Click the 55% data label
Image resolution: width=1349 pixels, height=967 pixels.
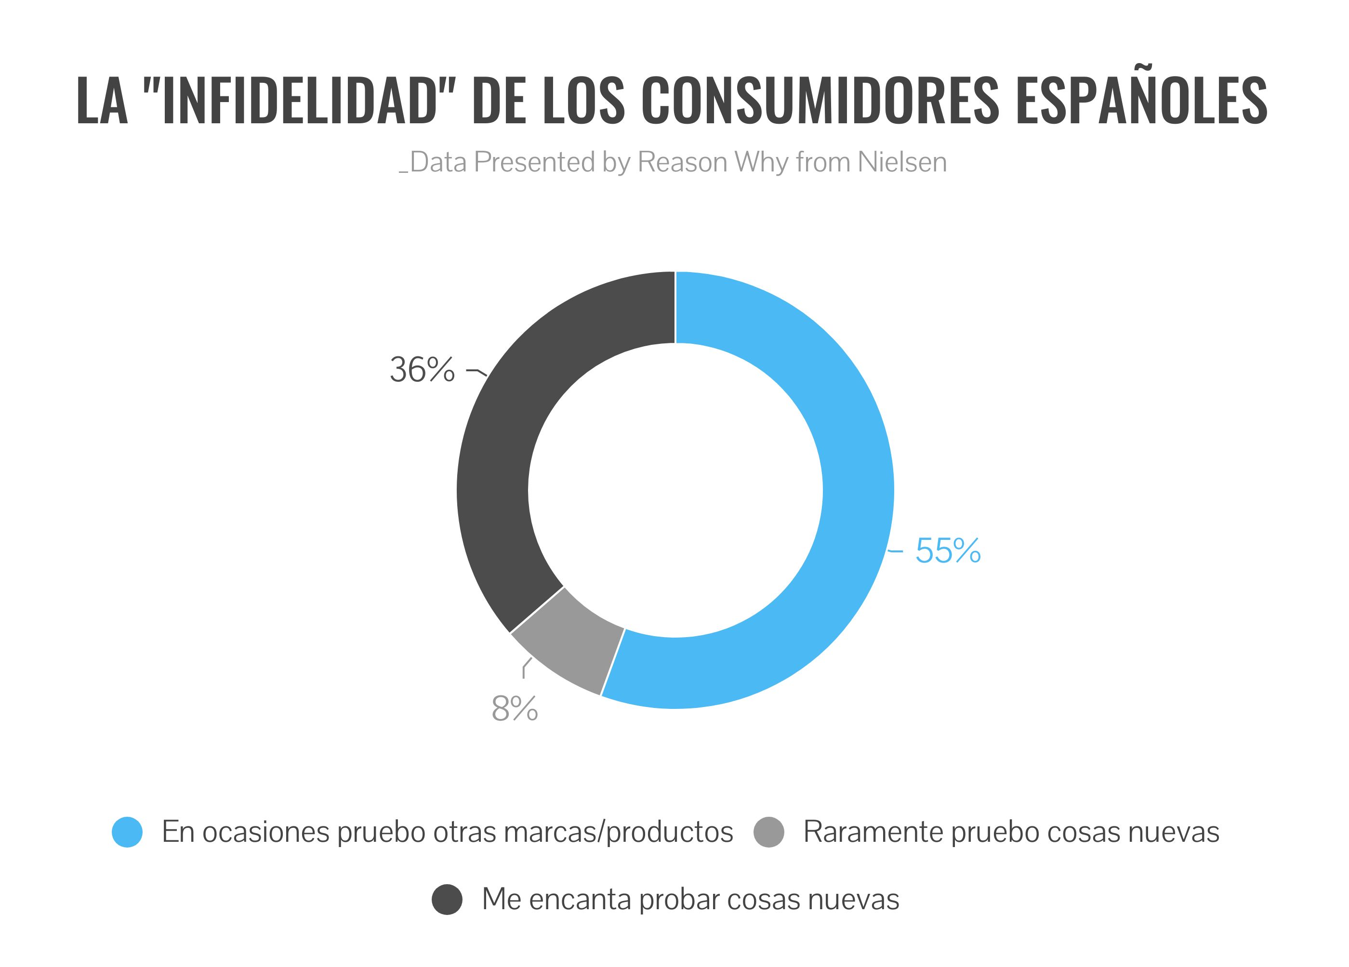(948, 551)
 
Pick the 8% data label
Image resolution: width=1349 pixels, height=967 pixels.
(515, 708)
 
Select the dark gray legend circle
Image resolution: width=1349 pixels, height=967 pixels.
(447, 899)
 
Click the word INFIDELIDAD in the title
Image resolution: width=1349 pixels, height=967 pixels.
(300, 101)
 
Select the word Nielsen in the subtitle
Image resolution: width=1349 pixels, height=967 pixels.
(902, 162)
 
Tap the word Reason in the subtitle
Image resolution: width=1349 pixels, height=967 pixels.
(682, 162)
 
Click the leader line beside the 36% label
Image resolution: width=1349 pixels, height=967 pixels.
(477, 372)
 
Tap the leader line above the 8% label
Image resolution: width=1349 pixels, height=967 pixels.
(526, 668)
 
